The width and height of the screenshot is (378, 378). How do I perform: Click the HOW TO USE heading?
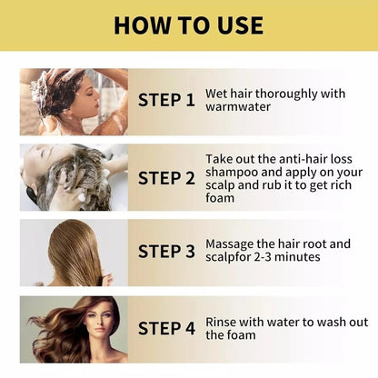(x=189, y=25)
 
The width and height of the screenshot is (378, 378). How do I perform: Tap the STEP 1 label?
(x=166, y=100)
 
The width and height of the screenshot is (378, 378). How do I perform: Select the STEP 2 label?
(x=166, y=178)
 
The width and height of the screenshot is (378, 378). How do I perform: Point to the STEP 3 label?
(x=166, y=252)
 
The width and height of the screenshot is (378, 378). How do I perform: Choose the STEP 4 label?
(x=166, y=328)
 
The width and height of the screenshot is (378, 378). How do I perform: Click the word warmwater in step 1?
(x=238, y=106)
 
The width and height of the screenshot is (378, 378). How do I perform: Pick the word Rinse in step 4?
(x=222, y=321)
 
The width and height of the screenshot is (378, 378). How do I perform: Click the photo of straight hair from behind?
(x=73, y=252)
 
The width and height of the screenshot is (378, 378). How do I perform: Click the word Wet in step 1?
(x=218, y=92)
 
